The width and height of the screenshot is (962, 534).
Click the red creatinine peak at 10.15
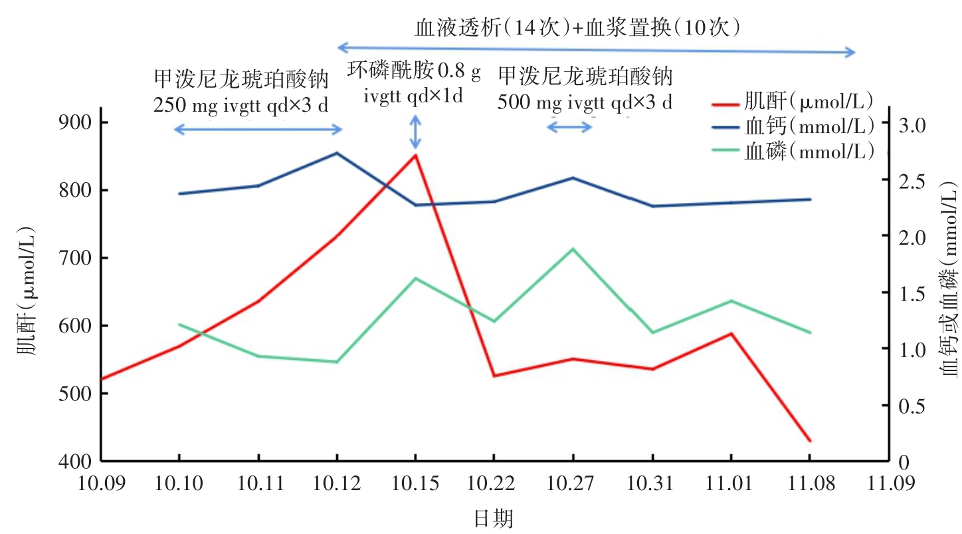coord(415,155)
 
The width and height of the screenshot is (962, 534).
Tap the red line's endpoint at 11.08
coord(810,441)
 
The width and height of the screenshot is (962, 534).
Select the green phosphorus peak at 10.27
coord(573,249)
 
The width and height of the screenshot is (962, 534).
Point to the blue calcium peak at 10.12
coord(337,153)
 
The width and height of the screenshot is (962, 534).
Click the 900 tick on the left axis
coord(78,123)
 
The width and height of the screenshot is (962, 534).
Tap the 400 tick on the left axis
coord(78,461)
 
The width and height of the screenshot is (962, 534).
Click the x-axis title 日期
coord(494,517)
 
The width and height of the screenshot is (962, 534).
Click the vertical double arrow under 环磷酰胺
coord(415,132)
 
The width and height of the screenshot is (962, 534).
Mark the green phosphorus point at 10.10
coord(179,325)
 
